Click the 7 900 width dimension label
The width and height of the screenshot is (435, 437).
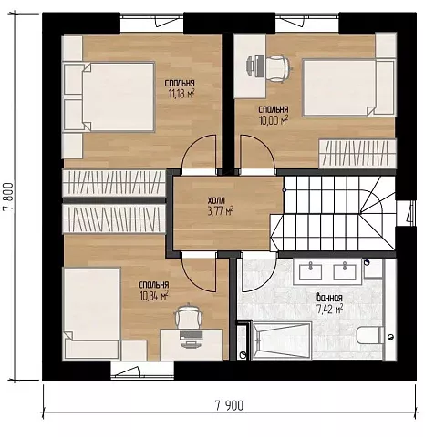coord(229,405)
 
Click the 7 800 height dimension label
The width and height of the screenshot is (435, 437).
coord(8,197)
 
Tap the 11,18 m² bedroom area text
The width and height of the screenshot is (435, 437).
coord(181,94)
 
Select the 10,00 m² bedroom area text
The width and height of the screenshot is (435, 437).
coord(274,120)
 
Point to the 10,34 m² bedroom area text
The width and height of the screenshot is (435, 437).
coord(154,296)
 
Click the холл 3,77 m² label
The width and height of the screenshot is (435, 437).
coord(221,207)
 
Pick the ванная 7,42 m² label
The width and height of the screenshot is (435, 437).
coord(329,303)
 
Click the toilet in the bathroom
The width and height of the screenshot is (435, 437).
coord(370,335)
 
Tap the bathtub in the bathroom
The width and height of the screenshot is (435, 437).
coord(281,340)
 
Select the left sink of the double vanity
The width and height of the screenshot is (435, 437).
coord(311,272)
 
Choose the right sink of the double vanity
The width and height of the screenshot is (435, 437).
coord(345,272)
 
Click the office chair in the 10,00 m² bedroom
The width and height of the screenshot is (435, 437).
coord(277,69)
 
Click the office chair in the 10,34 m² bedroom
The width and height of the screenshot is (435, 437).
coord(188,316)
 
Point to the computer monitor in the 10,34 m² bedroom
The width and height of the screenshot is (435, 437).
coord(191,335)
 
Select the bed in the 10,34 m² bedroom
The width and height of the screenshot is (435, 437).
coord(91,313)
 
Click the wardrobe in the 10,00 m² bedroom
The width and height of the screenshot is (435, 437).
coord(357,154)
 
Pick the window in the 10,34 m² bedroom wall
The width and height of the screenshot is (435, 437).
coord(142,371)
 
